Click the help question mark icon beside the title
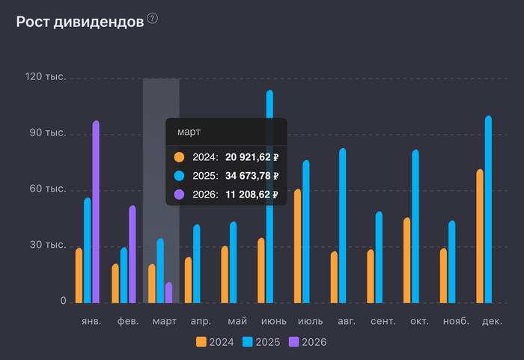(153, 18)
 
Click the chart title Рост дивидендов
(79, 21)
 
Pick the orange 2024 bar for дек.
(480, 236)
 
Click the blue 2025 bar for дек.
(488, 210)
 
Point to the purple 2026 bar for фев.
(132, 254)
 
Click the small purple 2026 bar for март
(169, 293)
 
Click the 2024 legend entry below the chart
(215, 342)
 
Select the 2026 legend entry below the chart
(308, 342)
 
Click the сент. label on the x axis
(383, 321)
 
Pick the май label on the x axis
(237, 321)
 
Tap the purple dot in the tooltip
(179, 195)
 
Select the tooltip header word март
(189, 132)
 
